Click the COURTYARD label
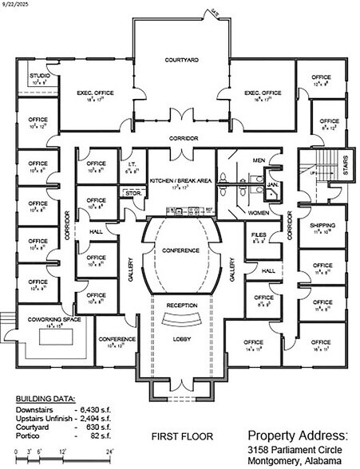tap(181, 60)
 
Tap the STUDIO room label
tap(38, 76)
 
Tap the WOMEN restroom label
tap(257, 213)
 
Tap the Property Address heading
tap(299, 436)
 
